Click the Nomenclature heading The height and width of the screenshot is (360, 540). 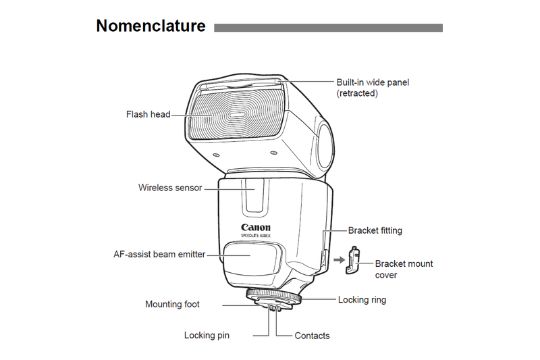pyautogui.click(x=151, y=26)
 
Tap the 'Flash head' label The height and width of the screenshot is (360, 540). pyautogui.click(x=148, y=114)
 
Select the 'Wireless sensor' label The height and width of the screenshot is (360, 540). pyautogui.click(x=170, y=188)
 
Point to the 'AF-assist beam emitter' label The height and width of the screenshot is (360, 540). pyautogui.click(x=159, y=255)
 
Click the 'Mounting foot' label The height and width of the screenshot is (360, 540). pyautogui.click(x=172, y=305)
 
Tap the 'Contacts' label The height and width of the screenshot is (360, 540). pyautogui.click(x=312, y=335)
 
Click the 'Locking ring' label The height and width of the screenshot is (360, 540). pyautogui.click(x=362, y=299)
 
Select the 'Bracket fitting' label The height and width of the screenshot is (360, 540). pyautogui.click(x=375, y=230)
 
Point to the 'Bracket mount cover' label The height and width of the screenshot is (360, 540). pyautogui.click(x=404, y=269)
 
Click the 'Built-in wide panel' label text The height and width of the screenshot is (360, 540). pyautogui.click(x=373, y=82)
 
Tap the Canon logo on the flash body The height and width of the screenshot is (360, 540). pyautogui.click(x=256, y=227)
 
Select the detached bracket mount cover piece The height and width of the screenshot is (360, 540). pyautogui.click(x=352, y=260)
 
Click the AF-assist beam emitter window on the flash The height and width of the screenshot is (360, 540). pyautogui.click(x=248, y=259)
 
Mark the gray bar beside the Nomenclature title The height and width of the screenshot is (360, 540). pyautogui.click(x=328, y=28)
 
